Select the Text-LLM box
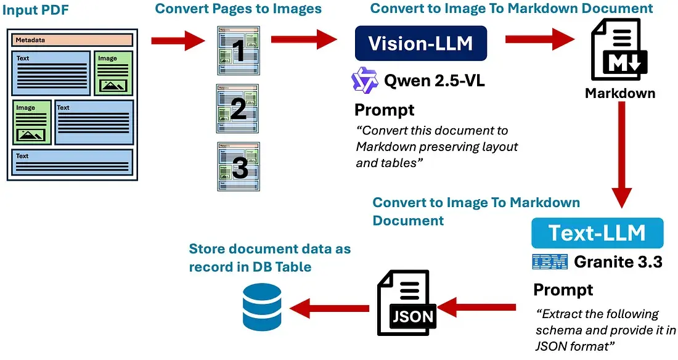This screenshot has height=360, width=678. coord(597,233)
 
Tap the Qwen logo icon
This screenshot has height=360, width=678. coord(364,80)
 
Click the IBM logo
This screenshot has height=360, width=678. coord(549,262)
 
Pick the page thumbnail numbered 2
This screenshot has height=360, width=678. coord(238,108)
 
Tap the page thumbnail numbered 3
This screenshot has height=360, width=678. coord(238,166)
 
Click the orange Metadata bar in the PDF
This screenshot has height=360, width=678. coord(72,40)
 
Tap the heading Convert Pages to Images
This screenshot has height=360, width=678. coord(238,9)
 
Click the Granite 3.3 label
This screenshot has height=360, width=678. coord(618,262)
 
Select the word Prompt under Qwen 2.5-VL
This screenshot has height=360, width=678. coord(384,110)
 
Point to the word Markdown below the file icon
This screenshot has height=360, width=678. coord(619,94)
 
